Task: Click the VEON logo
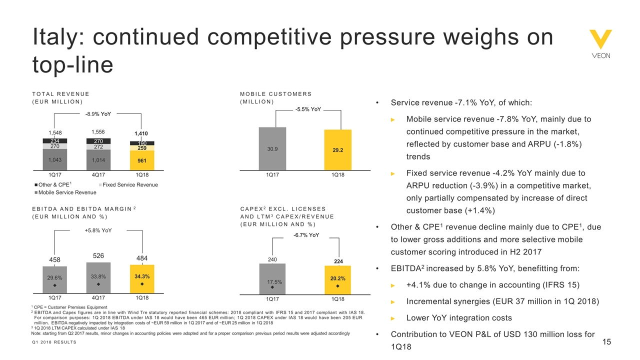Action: coord(600,44)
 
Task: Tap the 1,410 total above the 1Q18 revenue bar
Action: coord(141,133)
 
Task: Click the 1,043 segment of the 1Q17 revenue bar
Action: coord(55,159)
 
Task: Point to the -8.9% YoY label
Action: coord(98,113)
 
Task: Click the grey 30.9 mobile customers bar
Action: coord(272,149)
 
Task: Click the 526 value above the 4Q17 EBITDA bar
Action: coord(98,256)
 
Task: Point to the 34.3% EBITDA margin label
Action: coord(141,276)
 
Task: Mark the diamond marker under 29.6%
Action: coord(55,285)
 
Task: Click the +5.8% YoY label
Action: coord(98,230)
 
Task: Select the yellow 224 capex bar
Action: coord(338,279)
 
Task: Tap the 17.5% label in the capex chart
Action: coord(272,282)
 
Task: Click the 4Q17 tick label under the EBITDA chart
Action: coord(98,297)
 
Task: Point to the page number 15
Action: coord(607,342)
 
